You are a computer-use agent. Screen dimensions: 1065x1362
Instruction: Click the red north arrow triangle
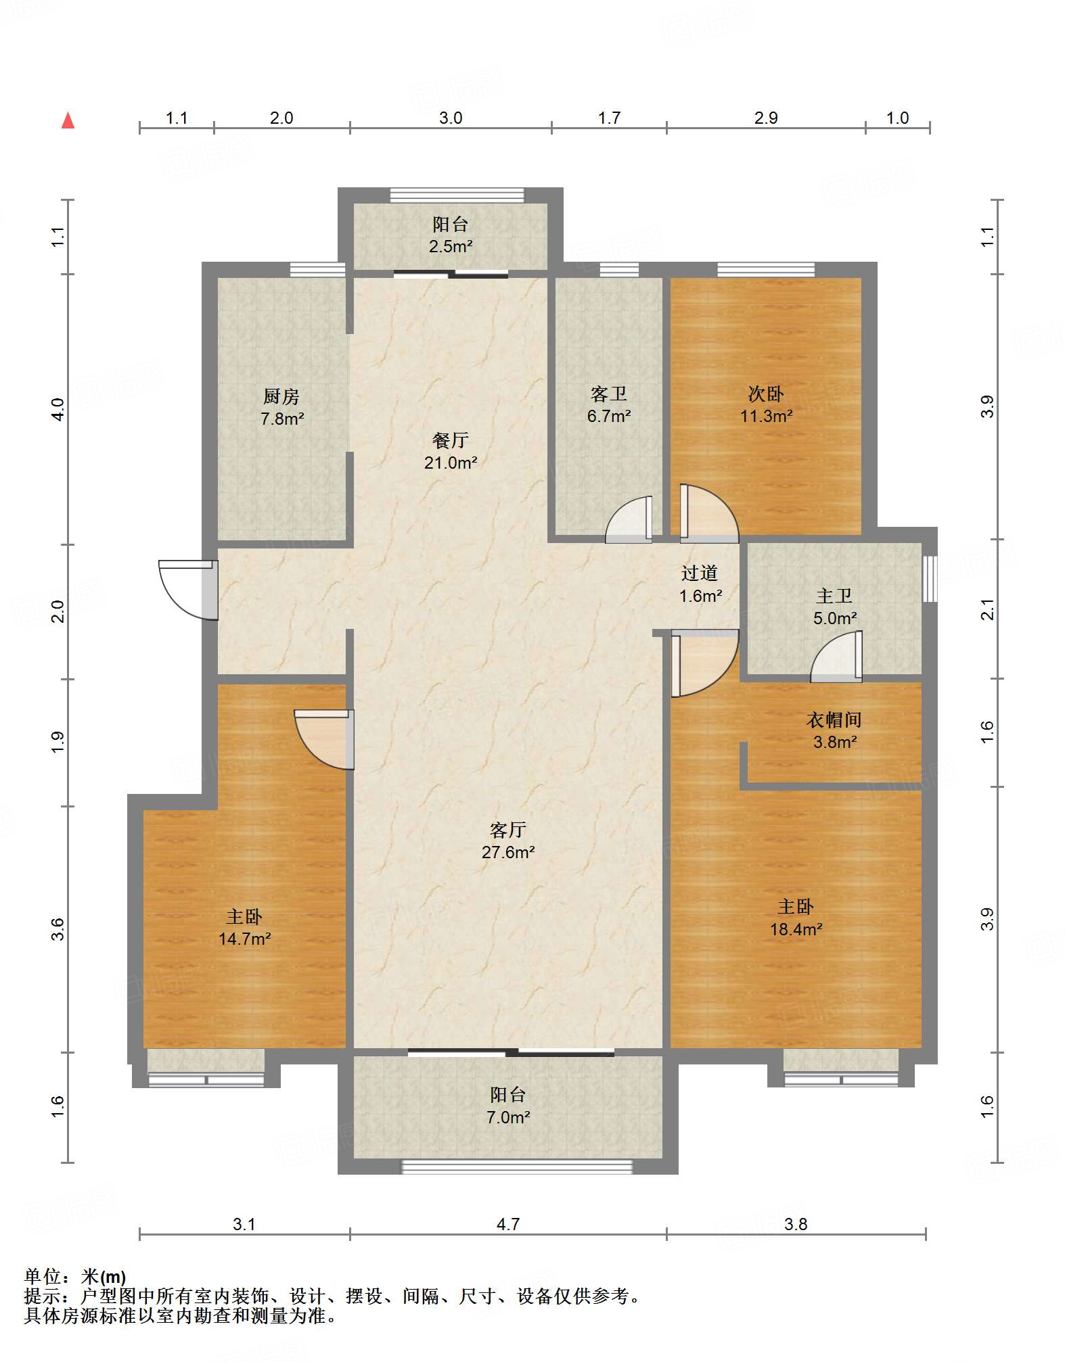[x=68, y=120]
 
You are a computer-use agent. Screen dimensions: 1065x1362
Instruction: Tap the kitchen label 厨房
[x=281, y=396]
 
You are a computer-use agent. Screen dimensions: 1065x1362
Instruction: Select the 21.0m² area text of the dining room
[x=451, y=463]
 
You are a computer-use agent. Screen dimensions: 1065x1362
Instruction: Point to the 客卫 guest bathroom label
[x=609, y=394]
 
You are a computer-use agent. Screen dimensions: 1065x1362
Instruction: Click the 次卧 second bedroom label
[x=766, y=394]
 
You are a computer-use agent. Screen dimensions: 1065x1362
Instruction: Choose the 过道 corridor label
[x=700, y=573]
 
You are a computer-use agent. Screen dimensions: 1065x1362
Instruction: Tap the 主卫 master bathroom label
[x=834, y=596]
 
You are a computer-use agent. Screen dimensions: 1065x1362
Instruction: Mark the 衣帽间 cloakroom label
[x=834, y=720]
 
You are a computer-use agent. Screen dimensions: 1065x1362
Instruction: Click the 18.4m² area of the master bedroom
[x=796, y=930]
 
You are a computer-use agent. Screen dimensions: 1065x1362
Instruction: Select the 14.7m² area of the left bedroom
[x=245, y=939]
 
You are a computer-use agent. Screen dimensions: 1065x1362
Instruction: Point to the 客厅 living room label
[x=508, y=830]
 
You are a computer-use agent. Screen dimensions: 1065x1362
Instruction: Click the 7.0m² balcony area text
[x=508, y=1117]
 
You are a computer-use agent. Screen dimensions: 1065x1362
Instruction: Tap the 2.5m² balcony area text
[x=451, y=247]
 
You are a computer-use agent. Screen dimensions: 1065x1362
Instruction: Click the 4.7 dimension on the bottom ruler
[x=508, y=1224]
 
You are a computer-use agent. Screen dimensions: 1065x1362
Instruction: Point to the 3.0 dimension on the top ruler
[x=451, y=118]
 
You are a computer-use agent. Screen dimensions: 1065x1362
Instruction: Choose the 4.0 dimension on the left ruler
[x=58, y=409]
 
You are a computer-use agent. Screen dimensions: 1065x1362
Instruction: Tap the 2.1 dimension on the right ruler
[x=988, y=609]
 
